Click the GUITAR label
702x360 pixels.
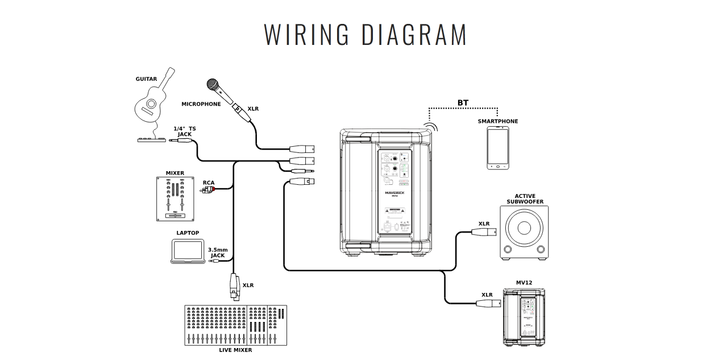pos(146,79)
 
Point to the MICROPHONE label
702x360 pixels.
pos(201,104)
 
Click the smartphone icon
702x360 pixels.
pos(497,148)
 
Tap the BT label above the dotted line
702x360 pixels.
pos(463,103)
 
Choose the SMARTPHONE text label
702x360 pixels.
pos(497,121)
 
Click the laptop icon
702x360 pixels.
pos(188,251)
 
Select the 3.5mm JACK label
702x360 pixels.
pos(218,253)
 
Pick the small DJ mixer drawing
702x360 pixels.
pos(175,198)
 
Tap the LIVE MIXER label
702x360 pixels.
pos(235,350)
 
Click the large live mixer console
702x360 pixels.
pos(236,325)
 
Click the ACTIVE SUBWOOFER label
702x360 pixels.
pos(525,199)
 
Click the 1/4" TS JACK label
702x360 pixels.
pos(184,131)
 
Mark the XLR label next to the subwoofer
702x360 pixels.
pos(484,224)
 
